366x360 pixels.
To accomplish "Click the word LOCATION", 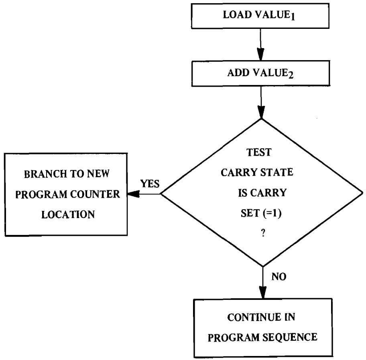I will point(65,215).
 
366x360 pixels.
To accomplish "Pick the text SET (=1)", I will point(261,213).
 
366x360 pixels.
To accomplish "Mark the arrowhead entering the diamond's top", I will point(261,113).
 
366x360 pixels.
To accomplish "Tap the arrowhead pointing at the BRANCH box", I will point(130,194).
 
